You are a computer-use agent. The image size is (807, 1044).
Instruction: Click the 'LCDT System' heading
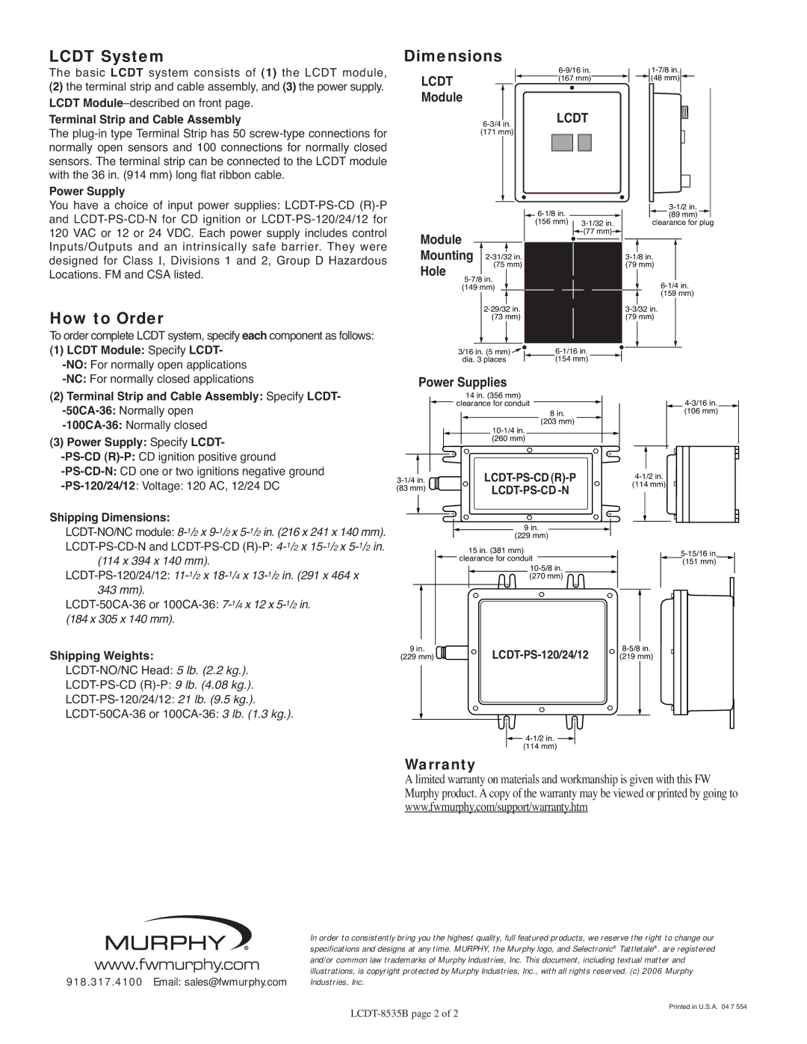[x=106, y=56]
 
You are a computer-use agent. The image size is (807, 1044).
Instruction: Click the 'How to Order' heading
[x=106, y=318]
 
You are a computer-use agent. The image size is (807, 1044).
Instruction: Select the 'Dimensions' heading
[x=453, y=56]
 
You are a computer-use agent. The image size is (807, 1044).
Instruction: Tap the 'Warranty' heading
[x=439, y=765]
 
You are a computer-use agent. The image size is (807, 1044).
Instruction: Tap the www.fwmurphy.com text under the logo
[x=177, y=965]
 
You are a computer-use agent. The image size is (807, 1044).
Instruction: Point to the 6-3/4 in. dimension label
[x=497, y=128]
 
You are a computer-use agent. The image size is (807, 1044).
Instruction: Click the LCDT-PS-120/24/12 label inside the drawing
[x=539, y=655]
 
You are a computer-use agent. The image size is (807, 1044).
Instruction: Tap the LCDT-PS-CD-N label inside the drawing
[x=530, y=490]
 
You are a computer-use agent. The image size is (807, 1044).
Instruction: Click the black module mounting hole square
[x=572, y=291]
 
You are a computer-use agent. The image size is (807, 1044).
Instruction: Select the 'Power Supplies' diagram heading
[x=462, y=382]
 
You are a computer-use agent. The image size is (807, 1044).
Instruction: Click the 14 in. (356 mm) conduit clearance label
[x=493, y=399]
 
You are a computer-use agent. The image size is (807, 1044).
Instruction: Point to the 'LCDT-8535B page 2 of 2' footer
[x=403, y=1013]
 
